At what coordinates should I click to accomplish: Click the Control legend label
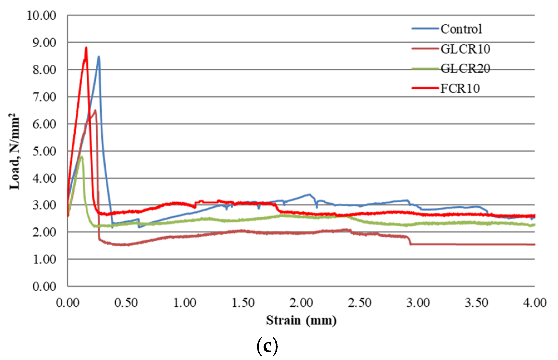click(461, 29)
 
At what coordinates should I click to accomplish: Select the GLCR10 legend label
click(465, 49)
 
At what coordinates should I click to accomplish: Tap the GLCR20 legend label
click(465, 69)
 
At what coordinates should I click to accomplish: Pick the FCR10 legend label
click(460, 89)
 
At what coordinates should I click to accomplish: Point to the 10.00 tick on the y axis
click(41, 16)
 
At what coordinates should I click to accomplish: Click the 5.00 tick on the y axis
click(44, 152)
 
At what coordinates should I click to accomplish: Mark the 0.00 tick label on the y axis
click(44, 287)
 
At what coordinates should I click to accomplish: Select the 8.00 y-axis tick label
click(44, 70)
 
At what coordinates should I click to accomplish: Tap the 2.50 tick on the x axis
click(359, 303)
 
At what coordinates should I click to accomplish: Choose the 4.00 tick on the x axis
click(535, 303)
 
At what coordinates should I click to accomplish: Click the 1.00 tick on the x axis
click(185, 303)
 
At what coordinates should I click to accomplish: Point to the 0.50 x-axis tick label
click(126, 303)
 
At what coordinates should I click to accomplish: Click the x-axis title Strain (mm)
click(301, 320)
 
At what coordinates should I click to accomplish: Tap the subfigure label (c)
click(267, 346)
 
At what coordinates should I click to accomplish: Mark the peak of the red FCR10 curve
click(86, 48)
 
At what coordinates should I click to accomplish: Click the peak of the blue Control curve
click(99, 57)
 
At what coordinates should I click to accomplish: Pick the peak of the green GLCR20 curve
click(81, 157)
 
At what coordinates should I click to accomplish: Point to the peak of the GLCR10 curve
click(95, 110)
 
